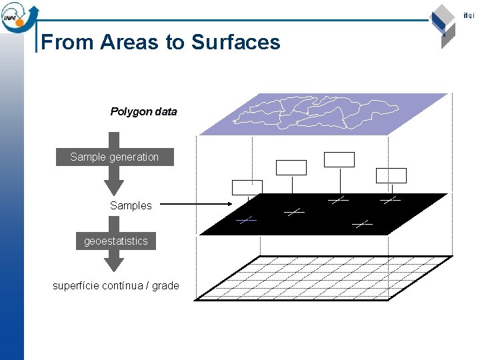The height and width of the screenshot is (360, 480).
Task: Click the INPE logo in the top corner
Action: [19, 16]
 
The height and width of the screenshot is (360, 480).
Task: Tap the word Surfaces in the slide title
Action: [235, 42]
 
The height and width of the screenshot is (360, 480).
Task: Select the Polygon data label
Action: [143, 111]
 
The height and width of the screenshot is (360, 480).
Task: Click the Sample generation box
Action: [115, 157]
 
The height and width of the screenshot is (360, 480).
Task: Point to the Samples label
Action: [131, 205]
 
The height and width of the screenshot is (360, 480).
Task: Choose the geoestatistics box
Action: [116, 241]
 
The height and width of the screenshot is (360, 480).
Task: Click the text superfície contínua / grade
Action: [116, 285]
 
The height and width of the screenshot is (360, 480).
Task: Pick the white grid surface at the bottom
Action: [323, 278]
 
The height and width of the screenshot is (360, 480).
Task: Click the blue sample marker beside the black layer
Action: [246, 219]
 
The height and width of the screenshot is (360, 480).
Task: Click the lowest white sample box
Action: [247, 187]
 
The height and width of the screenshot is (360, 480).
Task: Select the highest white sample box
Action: [339, 159]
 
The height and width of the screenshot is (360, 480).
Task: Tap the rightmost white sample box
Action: [391, 175]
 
